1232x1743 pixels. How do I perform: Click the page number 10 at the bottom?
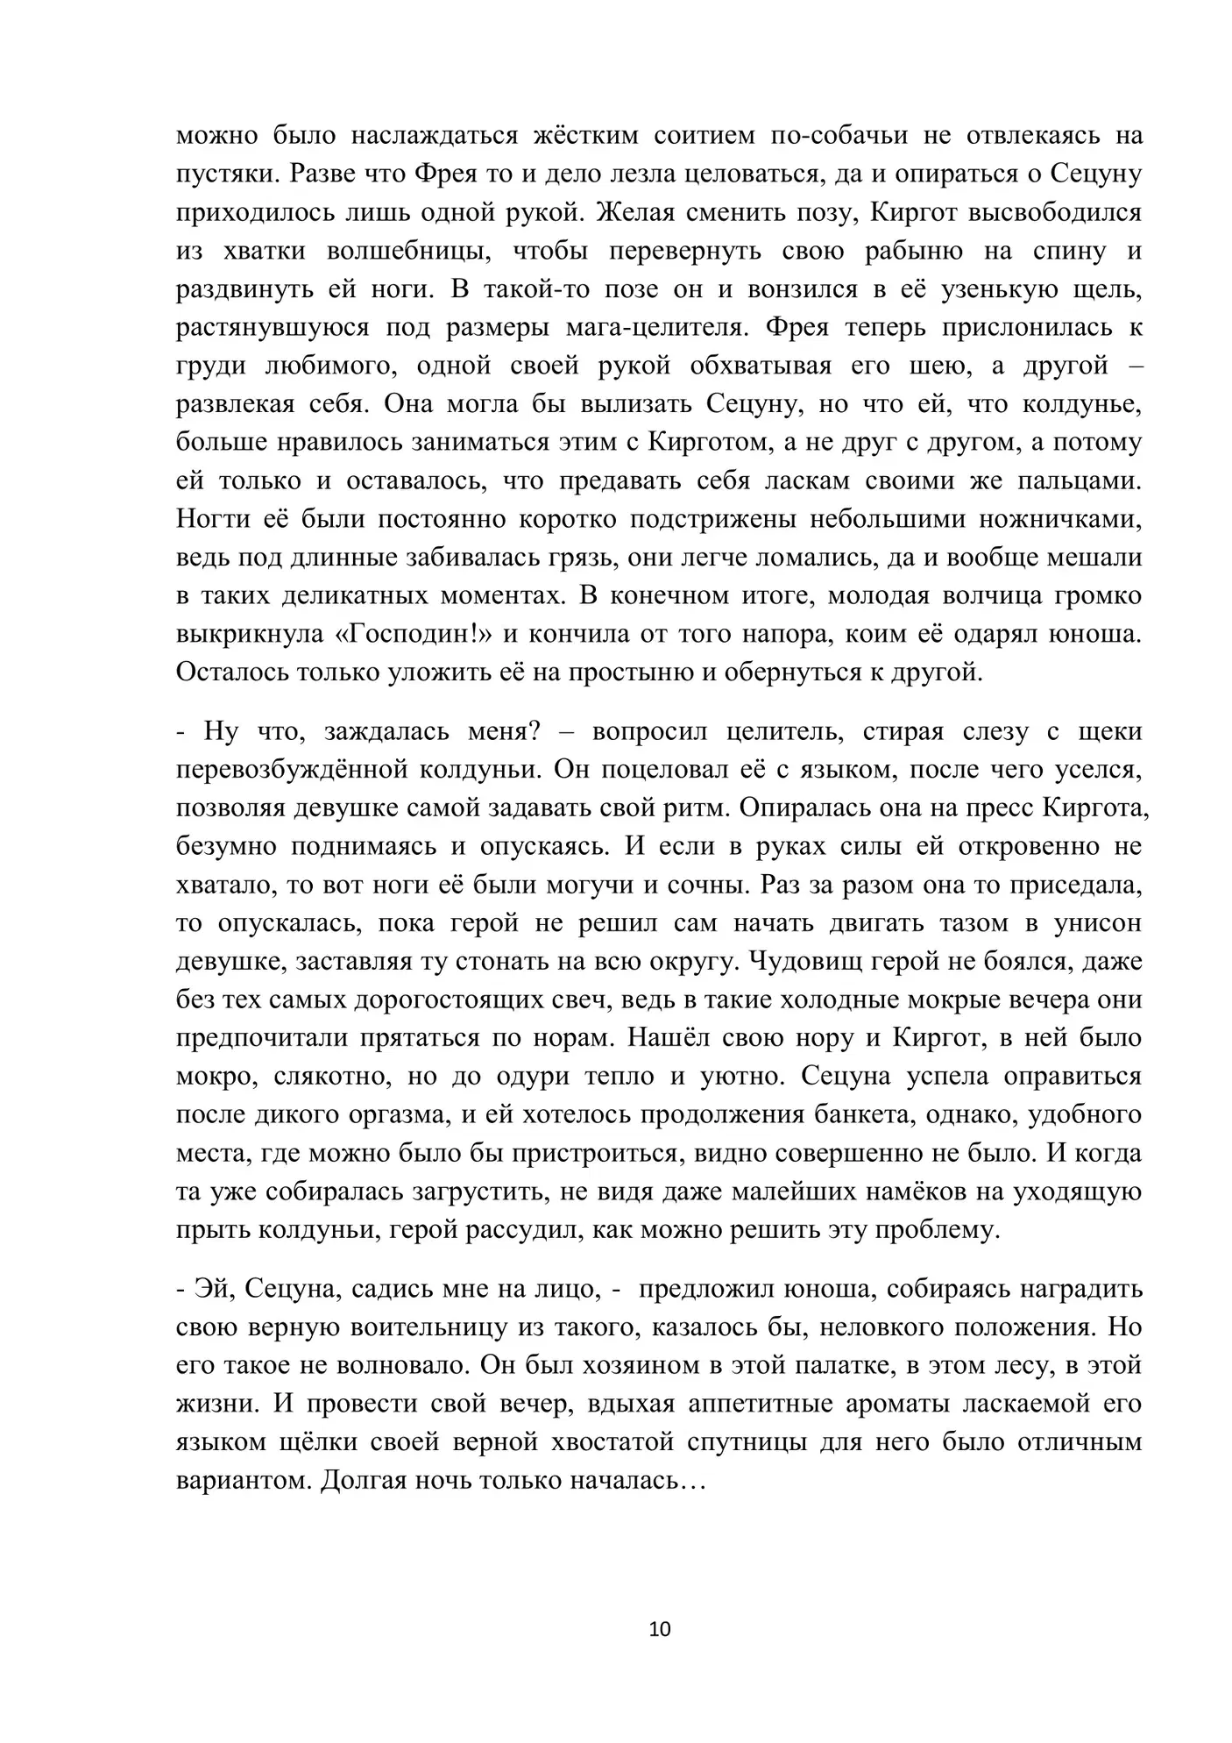point(661,1629)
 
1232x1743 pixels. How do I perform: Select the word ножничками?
point(1060,519)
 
